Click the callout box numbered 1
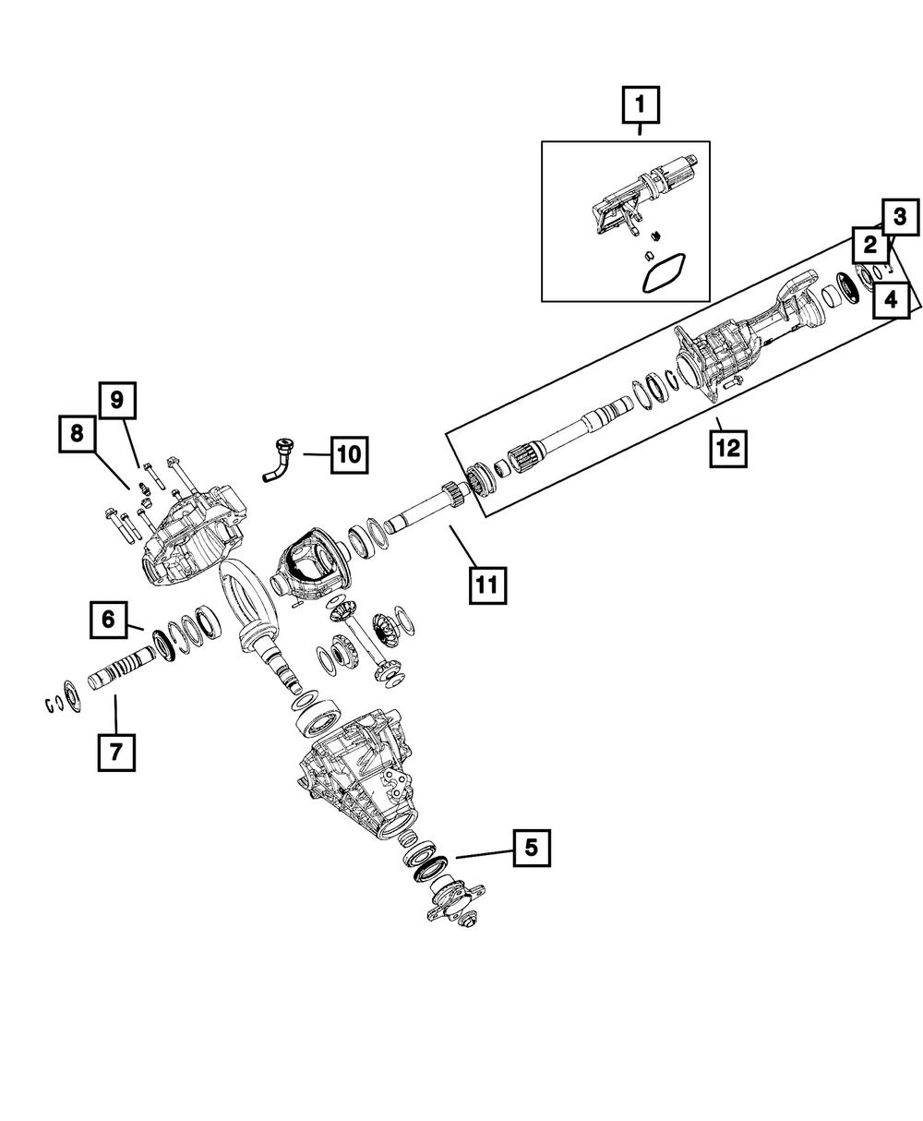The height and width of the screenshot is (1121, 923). [x=641, y=104]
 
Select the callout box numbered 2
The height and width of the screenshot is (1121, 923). [x=869, y=246]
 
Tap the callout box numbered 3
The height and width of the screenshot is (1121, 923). [x=900, y=216]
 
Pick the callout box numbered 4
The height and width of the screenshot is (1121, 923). [x=891, y=299]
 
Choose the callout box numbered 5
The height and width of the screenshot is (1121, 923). [x=532, y=848]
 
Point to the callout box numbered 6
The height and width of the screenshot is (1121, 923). [x=108, y=620]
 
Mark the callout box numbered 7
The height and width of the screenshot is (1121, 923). [x=116, y=753]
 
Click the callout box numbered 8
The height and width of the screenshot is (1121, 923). [x=78, y=434]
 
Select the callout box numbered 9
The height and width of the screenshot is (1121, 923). [x=117, y=401]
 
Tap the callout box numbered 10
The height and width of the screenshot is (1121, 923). [x=349, y=454]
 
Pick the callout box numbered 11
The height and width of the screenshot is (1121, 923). [x=487, y=585]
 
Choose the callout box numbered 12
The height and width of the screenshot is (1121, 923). [x=728, y=448]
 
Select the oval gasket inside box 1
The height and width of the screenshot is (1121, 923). [x=664, y=272]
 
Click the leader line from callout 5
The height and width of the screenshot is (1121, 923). [x=484, y=853]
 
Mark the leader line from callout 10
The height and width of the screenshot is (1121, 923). [x=317, y=454]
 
